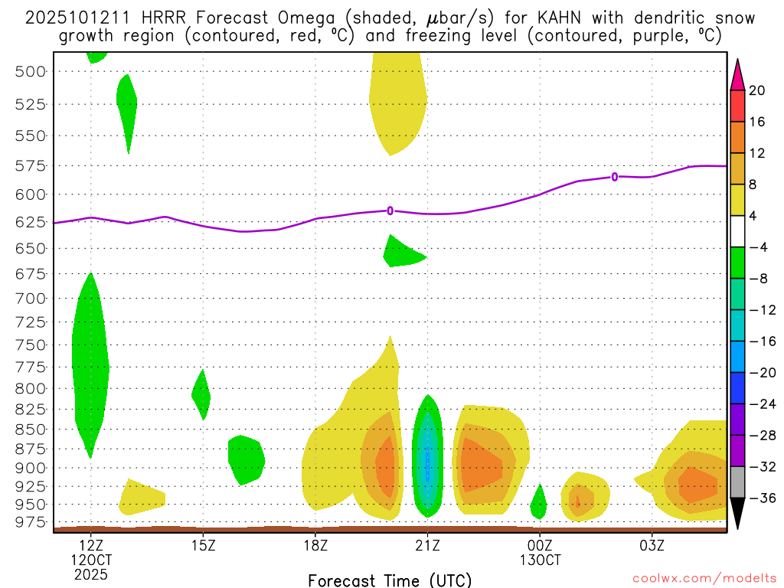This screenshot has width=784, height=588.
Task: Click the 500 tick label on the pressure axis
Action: tap(31, 71)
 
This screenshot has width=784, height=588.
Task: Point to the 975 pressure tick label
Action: tap(31, 522)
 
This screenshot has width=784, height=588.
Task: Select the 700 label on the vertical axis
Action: tap(31, 298)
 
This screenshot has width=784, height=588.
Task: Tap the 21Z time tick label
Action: tap(427, 545)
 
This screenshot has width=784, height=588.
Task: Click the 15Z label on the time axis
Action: tap(203, 545)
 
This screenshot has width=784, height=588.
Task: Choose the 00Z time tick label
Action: tap(540, 545)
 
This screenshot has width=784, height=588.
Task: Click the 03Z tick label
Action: tap(652, 545)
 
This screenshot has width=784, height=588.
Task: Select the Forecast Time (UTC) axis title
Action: tap(390, 580)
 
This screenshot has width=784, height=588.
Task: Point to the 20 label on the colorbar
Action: tap(757, 91)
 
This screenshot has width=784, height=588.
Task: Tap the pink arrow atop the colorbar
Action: tap(737, 74)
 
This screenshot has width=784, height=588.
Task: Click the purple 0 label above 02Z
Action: tap(615, 177)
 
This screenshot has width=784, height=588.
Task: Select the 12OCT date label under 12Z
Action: tap(91, 560)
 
